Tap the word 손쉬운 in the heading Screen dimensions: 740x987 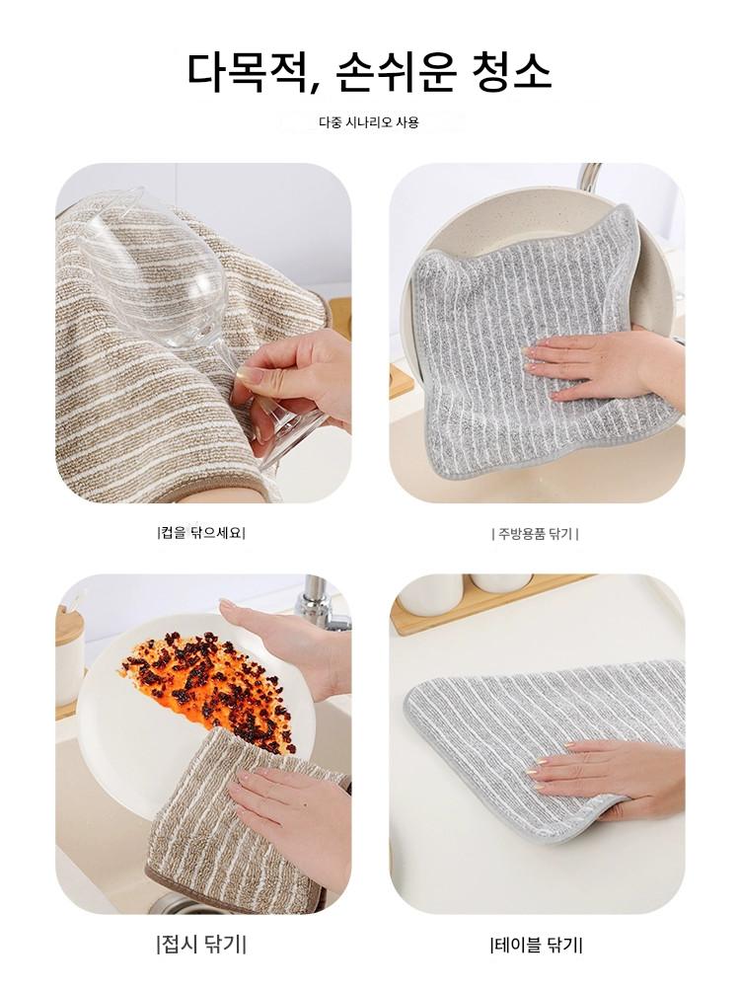395,71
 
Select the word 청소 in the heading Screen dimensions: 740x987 511,71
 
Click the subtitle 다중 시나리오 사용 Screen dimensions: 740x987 368,122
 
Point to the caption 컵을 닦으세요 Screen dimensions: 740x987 201,534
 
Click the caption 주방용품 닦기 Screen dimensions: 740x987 535,534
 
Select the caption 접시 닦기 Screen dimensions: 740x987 201,944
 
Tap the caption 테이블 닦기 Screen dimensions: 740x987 536,945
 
